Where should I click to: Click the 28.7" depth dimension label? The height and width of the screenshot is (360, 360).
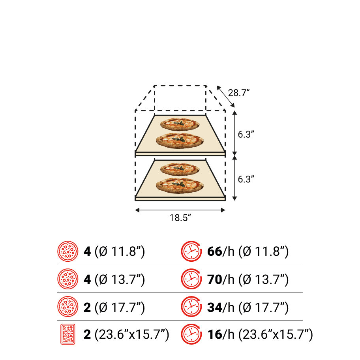click(239, 93)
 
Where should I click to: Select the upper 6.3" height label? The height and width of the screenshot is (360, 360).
click(246, 134)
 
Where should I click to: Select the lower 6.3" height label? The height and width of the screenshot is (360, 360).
click(246, 179)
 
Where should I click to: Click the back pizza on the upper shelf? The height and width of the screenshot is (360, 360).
click(180, 124)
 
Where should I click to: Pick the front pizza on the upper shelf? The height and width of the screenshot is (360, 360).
click(180, 140)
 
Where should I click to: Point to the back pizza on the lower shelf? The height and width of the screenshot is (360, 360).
click(180, 169)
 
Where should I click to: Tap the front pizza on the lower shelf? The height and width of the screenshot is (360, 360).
click(180, 185)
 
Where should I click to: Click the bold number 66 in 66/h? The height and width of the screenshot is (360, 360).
click(214, 251)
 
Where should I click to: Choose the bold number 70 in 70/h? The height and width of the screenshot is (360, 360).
click(214, 279)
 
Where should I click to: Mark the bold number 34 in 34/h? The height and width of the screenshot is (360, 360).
click(214, 307)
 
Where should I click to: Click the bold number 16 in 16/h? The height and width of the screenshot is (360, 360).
click(214, 335)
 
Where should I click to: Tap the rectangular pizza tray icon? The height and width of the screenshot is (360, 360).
click(67, 335)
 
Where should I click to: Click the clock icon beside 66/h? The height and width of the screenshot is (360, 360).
click(191, 251)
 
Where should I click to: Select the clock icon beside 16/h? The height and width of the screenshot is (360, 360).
click(191, 335)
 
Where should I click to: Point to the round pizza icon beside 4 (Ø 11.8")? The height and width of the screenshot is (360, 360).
click(67, 251)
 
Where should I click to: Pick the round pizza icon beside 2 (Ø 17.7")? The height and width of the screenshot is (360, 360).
click(67, 307)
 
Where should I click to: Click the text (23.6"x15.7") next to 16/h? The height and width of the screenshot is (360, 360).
click(275, 335)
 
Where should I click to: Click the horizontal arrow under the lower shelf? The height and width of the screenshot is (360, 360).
click(180, 210)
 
